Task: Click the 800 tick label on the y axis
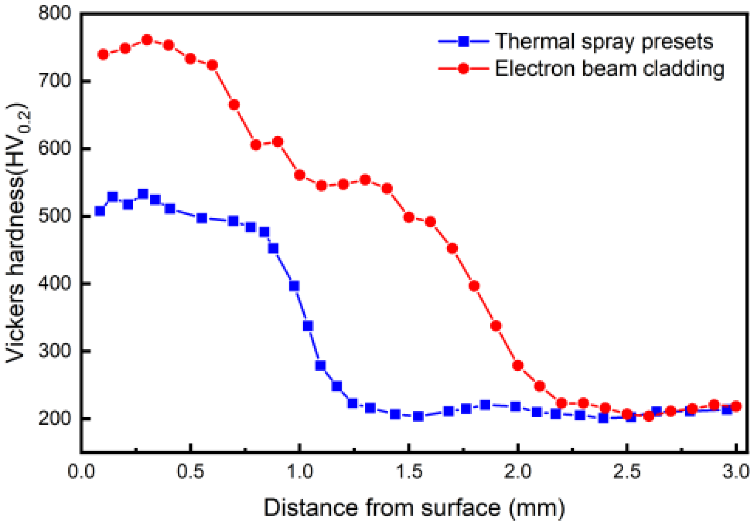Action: click(54, 13)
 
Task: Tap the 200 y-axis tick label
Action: click(54, 418)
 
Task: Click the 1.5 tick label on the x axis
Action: click(409, 472)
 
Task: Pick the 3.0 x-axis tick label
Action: click(736, 472)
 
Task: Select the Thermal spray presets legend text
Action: click(604, 41)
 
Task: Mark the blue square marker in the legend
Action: click(463, 41)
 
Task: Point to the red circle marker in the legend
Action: click(463, 68)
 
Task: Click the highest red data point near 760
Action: click(147, 40)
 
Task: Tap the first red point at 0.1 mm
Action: click(103, 55)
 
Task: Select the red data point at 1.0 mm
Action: click(299, 175)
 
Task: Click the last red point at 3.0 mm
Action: click(736, 406)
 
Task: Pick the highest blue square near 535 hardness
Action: click(143, 193)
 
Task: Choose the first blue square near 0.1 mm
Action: click(100, 211)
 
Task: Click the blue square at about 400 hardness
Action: click(294, 286)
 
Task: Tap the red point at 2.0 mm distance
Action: click(518, 365)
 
